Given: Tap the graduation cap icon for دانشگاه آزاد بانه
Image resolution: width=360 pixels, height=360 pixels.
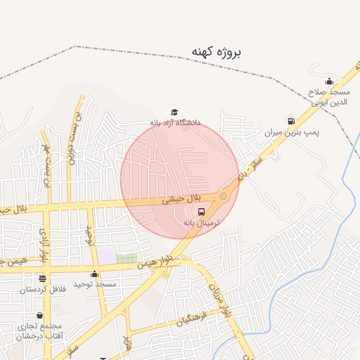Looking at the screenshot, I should click(x=174, y=112).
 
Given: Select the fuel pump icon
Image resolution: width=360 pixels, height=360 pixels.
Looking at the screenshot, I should click(x=290, y=121).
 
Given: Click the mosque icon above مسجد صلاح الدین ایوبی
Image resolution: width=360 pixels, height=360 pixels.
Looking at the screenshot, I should click(x=329, y=82).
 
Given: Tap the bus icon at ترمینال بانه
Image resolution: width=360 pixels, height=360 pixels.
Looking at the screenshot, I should click(x=202, y=211).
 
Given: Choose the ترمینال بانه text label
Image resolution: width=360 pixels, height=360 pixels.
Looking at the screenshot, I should click(x=202, y=222).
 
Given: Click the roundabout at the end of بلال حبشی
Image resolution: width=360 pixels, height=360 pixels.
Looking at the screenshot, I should click(x=224, y=196).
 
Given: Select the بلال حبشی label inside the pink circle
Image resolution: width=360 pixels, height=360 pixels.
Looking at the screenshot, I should click(x=182, y=200).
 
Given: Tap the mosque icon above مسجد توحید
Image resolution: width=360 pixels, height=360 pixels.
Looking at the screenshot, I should click(x=95, y=274).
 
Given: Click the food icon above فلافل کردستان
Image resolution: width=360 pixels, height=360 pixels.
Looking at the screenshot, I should click(x=42, y=279).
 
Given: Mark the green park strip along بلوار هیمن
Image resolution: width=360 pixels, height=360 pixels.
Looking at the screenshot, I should click(x=127, y=258).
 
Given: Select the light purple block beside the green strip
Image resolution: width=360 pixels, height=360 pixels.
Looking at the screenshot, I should click(x=107, y=256).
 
